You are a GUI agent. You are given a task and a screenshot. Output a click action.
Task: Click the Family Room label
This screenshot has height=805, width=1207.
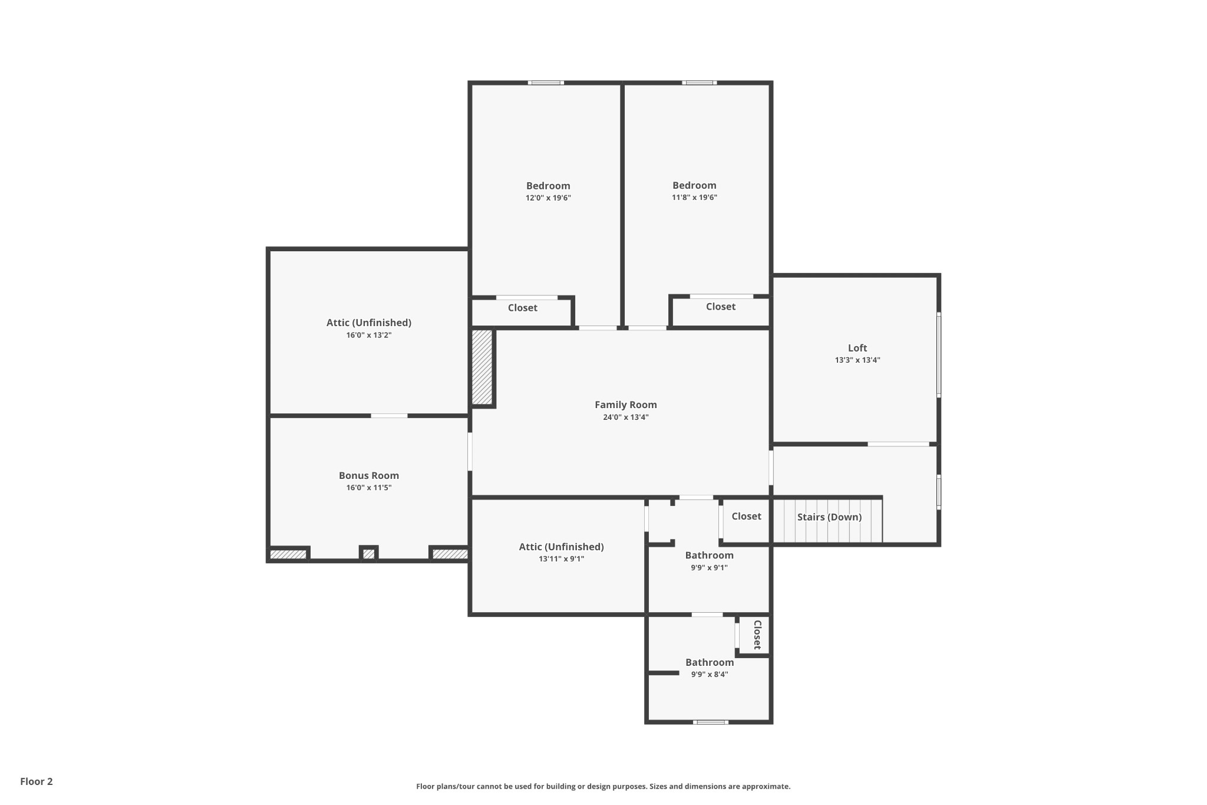pyautogui.click(x=625, y=405)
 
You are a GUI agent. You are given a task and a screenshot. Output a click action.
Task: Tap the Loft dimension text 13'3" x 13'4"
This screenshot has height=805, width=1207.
pyautogui.click(x=858, y=360)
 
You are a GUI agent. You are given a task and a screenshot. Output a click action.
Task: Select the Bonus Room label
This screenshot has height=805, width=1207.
pyautogui.click(x=369, y=475)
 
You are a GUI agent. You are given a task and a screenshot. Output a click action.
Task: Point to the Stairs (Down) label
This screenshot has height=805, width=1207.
pyautogui.click(x=829, y=517)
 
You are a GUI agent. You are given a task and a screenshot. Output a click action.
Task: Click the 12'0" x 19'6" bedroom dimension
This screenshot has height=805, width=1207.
pyautogui.click(x=548, y=198)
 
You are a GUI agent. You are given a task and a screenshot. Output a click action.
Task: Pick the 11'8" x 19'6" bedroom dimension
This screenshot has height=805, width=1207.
pyautogui.click(x=694, y=198)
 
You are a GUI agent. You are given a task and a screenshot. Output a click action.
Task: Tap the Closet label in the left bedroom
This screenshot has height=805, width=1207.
pyautogui.click(x=523, y=308)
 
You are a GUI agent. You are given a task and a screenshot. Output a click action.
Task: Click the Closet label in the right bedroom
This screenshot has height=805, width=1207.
pyautogui.click(x=721, y=307)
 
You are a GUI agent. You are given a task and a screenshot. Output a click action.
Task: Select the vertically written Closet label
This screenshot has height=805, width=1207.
pyautogui.click(x=757, y=635)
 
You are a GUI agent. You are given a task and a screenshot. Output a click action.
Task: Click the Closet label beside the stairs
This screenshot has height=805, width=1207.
pyautogui.click(x=747, y=516)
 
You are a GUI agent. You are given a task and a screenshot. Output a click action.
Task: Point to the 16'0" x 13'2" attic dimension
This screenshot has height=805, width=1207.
pyautogui.click(x=369, y=335)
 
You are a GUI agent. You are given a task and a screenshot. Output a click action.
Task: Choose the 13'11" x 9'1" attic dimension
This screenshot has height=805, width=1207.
pyautogui.click(x=561, y=559)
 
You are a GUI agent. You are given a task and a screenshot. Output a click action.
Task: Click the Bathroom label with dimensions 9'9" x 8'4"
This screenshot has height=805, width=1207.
pyautogui.click(x=710, y=662)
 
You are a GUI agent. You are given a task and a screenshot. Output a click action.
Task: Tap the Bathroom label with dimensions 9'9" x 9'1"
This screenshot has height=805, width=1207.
pyautogui.click(x=710, y=555)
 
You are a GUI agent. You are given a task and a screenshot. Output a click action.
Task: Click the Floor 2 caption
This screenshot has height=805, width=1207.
pyautogui.click(x=37, y=781)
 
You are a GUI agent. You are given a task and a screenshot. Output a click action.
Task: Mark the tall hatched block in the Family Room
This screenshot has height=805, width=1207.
pyautogui.click(x=482, y=367)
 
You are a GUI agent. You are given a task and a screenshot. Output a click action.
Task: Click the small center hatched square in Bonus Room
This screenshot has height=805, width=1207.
pyautogui.click(x=368, y=554)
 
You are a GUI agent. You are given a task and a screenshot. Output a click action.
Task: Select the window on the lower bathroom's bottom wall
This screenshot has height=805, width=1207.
pyautogui.click(x=710, y=722)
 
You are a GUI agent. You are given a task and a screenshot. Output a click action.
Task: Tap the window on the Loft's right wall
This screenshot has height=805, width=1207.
pyautogui.click(x=939, y=354)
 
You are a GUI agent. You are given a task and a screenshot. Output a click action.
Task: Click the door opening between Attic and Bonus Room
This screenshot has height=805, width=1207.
pyautogui.click(x=389, y=416)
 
